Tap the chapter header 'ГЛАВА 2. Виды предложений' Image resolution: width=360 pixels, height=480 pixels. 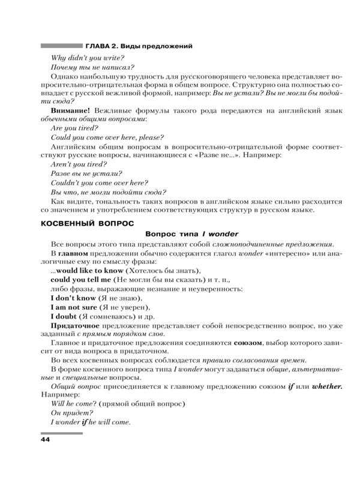[x=139, y=46]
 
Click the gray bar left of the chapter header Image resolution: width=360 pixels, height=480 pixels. [x=61, y=46]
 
